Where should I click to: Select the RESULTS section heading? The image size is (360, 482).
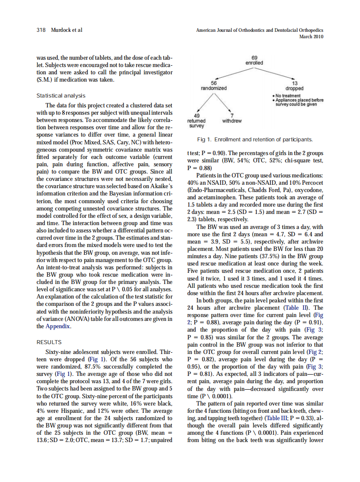(x=49, y=342)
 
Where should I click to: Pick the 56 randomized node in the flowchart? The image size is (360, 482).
(x=214, y=85)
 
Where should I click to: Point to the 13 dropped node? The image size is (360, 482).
(x=295, y=85)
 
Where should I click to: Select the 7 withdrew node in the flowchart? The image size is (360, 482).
(x=232, y=119)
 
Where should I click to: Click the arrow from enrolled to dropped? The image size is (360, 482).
(x=275, y=73)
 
